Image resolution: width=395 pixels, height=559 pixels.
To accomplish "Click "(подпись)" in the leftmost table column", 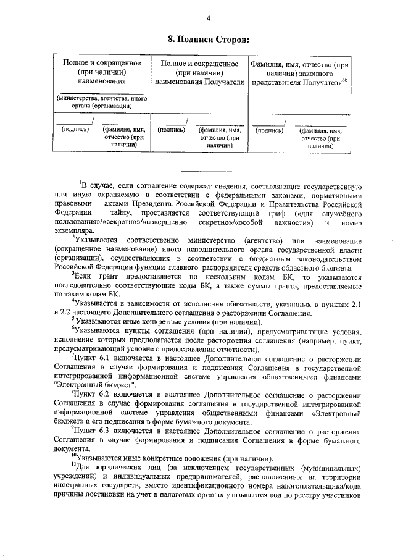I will pos(75,130).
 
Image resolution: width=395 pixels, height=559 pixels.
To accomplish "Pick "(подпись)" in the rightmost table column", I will pos(269,130).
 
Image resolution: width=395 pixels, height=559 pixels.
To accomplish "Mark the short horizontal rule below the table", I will pos(217,171).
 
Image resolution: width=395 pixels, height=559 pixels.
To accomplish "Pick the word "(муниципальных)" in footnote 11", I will pos(325,468).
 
